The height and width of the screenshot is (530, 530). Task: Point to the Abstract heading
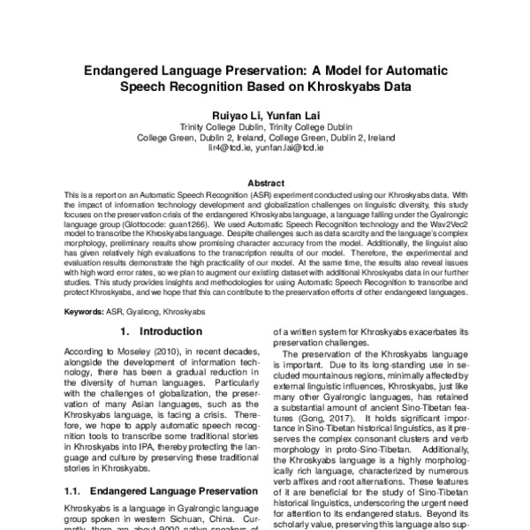point(265,182)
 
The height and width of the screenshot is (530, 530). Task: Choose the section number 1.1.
point(74,489)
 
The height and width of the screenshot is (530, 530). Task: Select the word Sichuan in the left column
point(201,520)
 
